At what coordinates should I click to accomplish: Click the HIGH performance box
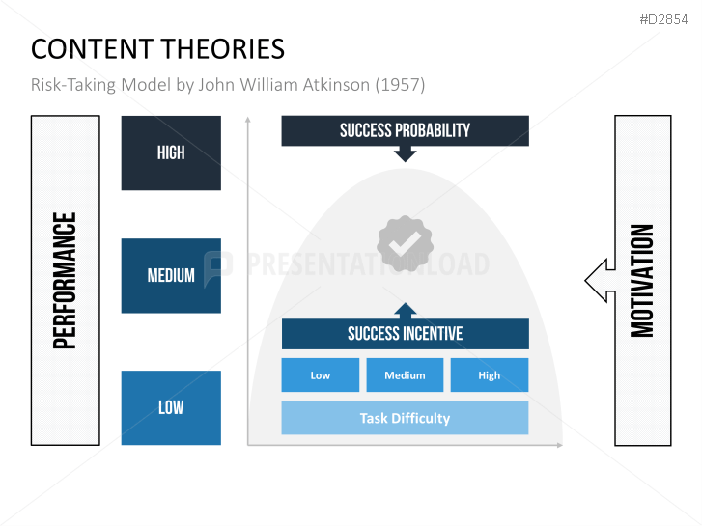(x=171, y=152)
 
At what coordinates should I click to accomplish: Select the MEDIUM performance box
(x=171, y=276)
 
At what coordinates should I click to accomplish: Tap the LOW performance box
(x=171, y=407)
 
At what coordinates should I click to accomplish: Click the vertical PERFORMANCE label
(x=66, y=280)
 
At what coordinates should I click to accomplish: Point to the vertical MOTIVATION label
(x=642, y=280)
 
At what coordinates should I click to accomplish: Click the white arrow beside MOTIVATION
(x=599, y=281)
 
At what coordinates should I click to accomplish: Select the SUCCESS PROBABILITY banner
(x=405, y=130)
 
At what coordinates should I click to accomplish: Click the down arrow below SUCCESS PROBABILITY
(x=406, y=152)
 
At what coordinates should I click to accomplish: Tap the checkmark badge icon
(x=406, y=243)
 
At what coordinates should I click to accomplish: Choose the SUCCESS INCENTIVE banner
(x=405, y=334)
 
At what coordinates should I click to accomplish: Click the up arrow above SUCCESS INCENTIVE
(x=406, y=311)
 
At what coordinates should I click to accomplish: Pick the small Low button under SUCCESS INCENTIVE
(x=321, y=375)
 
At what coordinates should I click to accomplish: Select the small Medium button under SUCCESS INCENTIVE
(x=405, y=375)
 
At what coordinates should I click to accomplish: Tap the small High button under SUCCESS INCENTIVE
(x=490, y=375)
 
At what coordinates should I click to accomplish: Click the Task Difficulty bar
(x=405, y=418)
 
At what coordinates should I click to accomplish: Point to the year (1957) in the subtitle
(x=400, y=85)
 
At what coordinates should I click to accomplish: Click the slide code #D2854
(x=666, y=18)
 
